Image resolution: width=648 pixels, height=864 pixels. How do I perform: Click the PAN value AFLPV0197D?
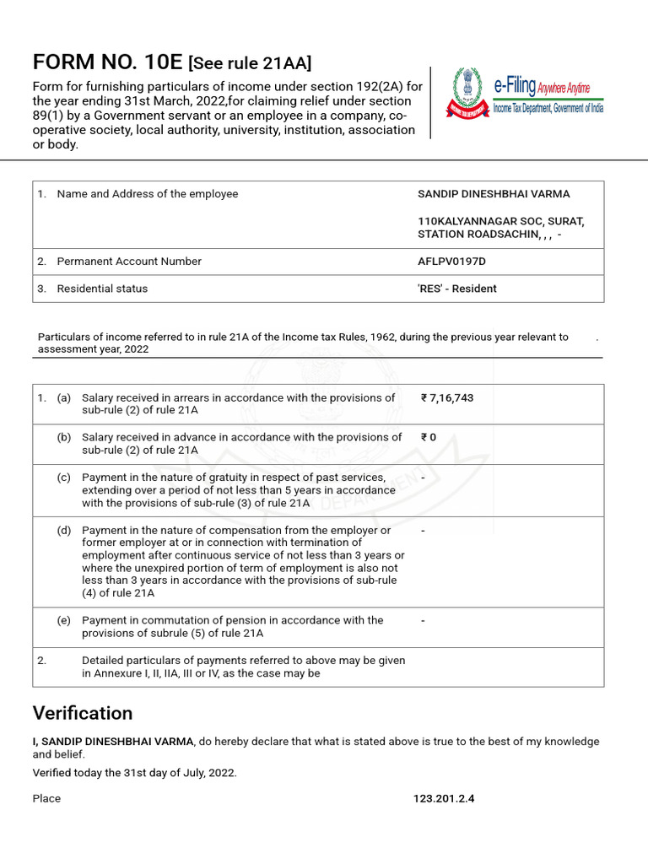[451, 262]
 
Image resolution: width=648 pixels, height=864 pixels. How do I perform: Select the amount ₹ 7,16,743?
[447, 398]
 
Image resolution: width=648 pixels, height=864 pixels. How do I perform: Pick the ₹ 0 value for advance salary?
[428, 438]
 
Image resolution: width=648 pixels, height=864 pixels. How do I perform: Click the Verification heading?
[83, 713]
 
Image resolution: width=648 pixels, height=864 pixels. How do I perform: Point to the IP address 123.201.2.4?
[444, 798]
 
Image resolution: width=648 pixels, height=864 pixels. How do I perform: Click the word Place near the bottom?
[46, 798]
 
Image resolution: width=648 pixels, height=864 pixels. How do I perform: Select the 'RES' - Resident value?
[457, 289]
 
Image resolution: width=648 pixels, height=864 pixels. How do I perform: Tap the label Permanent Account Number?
[129, 262]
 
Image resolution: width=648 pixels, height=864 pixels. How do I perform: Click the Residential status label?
[102, 289]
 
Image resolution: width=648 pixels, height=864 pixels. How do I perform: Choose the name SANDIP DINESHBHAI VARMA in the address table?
[494, 194]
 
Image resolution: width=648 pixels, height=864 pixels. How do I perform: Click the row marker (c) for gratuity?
[64, 478]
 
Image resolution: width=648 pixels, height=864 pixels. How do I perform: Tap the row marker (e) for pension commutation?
[64, 620]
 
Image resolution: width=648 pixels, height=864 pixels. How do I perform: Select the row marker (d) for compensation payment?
[64, 531]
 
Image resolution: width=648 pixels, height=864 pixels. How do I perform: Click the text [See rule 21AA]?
[250, 62]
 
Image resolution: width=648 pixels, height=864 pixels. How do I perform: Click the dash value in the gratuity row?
[423, 478]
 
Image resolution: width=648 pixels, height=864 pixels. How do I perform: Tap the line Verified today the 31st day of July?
[135, 772]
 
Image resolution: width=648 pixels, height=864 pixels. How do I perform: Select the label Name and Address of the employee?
[148, 194]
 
